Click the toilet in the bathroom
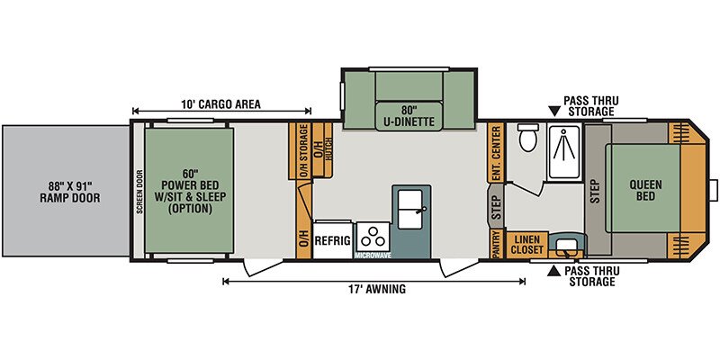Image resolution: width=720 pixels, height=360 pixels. pos(526,137)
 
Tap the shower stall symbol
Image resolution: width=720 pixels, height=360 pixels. pos(565,150)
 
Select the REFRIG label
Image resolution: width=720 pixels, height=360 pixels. pos(333,240)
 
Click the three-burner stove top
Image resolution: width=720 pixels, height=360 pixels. pos(373,237)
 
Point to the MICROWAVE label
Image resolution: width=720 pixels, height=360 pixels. pos(373,256)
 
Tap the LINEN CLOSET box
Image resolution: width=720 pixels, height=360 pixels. pos(527,245)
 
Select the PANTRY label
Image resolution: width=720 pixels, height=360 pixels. pos(496,244)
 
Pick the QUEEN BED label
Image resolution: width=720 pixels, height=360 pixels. pos(645,191)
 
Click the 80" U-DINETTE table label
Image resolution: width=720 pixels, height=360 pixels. pos(409,117)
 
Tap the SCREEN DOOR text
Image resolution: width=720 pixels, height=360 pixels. pos(139,192)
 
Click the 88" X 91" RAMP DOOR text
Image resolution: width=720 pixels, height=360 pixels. pos(70,193)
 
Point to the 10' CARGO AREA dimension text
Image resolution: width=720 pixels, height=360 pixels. pos(220,104)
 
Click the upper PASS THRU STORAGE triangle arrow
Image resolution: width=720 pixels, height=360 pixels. pos(554,112)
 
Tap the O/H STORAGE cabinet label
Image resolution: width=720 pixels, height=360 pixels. pos(303,151)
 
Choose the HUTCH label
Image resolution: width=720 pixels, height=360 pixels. pos(328,148)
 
